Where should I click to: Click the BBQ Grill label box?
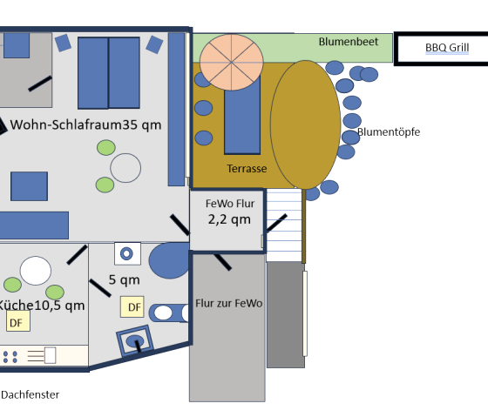441,49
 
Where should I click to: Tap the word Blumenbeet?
349,42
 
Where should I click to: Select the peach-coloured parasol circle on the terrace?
232,62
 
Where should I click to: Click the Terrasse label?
247,169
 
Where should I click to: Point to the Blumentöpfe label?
389,131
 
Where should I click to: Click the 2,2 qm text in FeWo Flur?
229,219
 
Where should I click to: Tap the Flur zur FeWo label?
228,303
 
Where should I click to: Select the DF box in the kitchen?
18,320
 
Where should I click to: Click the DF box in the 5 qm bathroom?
132,307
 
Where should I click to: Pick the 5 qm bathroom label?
124,279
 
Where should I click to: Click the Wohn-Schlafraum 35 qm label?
85,124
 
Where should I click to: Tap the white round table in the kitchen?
36,271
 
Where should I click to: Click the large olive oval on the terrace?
305,124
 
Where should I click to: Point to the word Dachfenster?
30,395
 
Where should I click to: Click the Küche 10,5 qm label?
41,305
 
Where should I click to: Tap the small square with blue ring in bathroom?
127,253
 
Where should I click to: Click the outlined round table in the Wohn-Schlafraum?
125,168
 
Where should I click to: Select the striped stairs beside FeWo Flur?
284,225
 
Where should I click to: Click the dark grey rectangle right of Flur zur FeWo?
286,314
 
